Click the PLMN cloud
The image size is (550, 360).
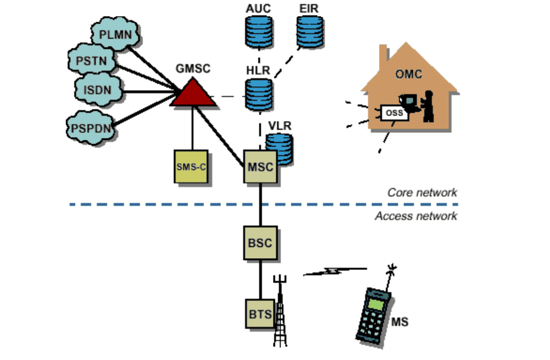click(115, 34)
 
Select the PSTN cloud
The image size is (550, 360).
click(91, 60)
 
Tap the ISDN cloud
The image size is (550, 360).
click(98, 90)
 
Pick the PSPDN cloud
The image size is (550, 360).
click(91, 128)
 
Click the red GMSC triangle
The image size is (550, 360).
click(192, 93)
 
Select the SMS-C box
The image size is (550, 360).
click(191, 167)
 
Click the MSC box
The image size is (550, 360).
click(260, 167)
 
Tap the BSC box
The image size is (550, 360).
click(260, 243)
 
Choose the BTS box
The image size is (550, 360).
click(260, 313)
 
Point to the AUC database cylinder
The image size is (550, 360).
click(259, 32)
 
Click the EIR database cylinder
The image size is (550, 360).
click(310, 32)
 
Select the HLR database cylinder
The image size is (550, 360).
click(259, 94)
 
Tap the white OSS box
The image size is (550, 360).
click(394, 112)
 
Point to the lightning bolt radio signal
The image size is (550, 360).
click(335, 271)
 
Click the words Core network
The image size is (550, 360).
click(422, 192)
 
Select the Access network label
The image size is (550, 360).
click(416, 216)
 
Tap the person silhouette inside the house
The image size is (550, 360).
click(428, 106)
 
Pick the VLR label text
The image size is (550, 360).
click(279, 125)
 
